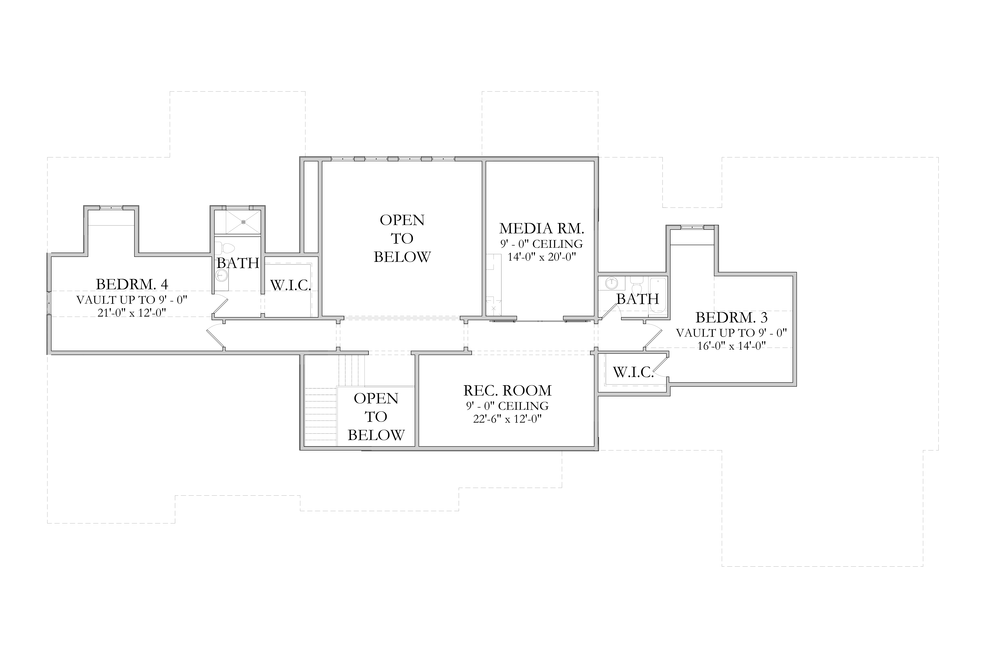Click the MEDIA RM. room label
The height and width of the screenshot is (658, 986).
[542, 228]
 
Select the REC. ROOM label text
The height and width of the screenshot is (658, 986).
[507, 390]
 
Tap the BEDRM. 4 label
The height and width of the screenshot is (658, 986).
[132, 284]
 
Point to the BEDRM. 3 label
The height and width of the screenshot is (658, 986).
[732, 317]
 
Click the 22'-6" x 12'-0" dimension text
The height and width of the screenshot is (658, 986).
[507, 419]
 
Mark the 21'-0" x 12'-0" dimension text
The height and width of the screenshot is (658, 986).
[132, 313]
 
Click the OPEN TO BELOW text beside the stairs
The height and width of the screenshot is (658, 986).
[376, 417]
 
